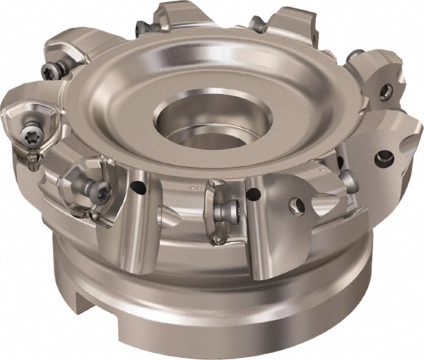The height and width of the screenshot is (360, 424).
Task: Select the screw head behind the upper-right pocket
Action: [355, 55]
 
